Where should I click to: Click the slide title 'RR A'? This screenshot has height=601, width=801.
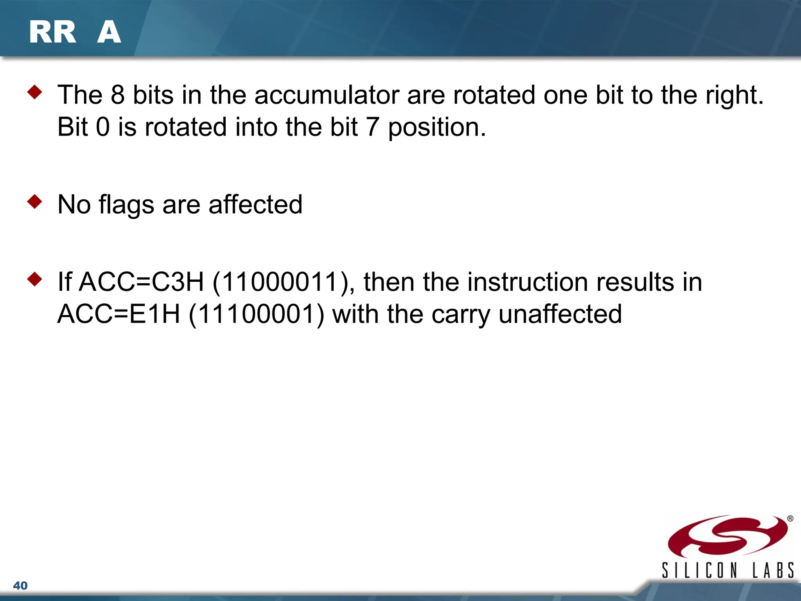[x=75, y=32]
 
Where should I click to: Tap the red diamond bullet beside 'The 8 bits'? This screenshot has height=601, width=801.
[x=34, y=92]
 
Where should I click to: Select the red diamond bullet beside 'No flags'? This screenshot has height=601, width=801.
[x=34, y=202]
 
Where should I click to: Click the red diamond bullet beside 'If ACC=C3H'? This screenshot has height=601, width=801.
[x=34, y=279]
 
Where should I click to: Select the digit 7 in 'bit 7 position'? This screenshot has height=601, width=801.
[x=372, y=127]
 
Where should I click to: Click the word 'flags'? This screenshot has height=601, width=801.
[x=126, y=205]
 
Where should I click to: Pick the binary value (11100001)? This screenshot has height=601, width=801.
[x=256, y=314]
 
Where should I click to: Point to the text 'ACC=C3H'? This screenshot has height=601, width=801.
[x=142, y=282]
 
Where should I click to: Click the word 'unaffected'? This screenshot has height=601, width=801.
[x=560, y=314]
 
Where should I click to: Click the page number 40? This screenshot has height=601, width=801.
[x=20, y=586]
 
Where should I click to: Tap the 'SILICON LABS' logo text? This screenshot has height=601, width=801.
[x=727, y=570]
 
